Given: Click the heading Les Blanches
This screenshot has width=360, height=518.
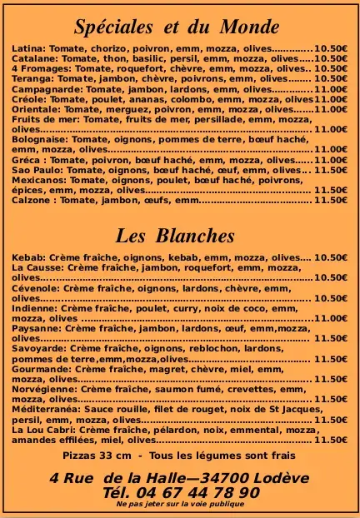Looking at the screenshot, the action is (174, 236).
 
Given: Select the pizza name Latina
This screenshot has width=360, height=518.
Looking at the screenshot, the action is (28, 49).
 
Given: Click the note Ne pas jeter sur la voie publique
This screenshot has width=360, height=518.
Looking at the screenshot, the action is (180, 505).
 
